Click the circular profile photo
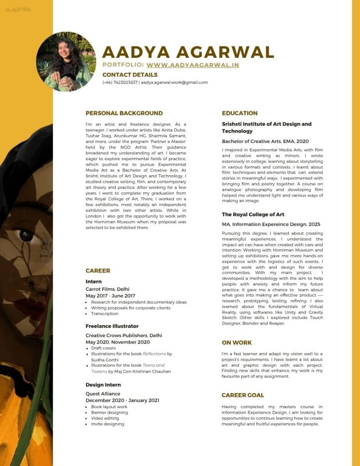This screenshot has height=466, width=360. tap(66, 61)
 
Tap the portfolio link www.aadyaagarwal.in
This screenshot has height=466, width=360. tap(193, 65)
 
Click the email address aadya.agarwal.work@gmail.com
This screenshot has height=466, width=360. tap(174, 82)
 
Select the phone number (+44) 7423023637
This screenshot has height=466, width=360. tap(120, 82)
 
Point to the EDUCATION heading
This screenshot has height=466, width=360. tap(239, 113)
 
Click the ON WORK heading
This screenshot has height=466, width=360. tap(237, 343)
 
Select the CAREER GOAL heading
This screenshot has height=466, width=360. tap(243, 395)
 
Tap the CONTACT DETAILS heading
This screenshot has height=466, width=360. tap(130, 75)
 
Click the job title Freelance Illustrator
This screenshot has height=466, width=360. tap(112, 326)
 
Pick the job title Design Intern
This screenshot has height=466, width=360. tap(103, 385)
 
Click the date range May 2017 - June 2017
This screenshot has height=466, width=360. tap(110, 296)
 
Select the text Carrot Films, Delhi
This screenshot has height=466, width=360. tap(107, 289)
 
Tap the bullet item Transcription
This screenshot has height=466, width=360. tap(104, 314)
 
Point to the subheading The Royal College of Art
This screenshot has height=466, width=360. tap(253, 214)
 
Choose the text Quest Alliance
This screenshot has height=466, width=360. tap(103, 394)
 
